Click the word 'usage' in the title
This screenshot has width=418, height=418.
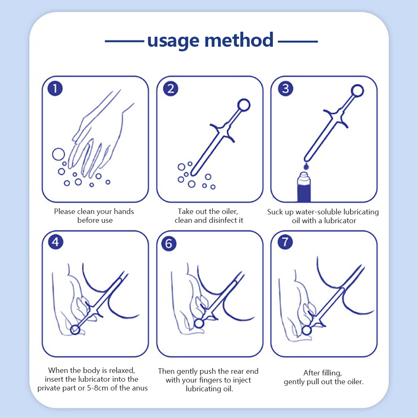click(173, 41)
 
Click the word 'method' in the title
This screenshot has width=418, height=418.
click(239, 40)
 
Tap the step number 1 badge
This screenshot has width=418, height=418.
click(55, 88)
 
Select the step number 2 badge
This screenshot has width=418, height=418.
click(171, 89)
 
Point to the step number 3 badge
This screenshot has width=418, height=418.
click(285, 88)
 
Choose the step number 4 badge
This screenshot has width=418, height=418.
click(56, 242)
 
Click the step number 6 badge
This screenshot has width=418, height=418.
click(169, 244)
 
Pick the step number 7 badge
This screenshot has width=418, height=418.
click(285, 242)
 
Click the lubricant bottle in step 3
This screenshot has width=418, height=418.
click(304, 187)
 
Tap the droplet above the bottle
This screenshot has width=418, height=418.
click(306, 167)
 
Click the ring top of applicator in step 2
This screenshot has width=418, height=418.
click(244, 105)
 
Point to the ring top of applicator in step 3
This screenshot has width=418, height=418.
click(357, 91)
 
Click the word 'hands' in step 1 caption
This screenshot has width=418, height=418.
click(124, 212)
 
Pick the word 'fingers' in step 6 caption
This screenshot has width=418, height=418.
click(211, 380)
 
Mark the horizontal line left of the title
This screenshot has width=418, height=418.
click(124, 41)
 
